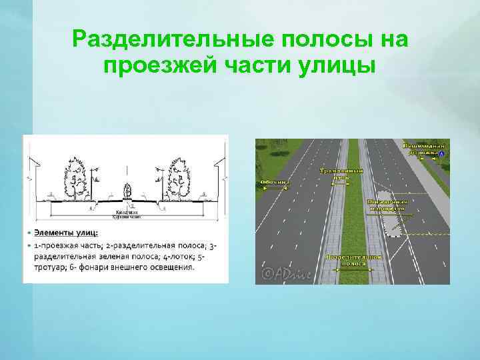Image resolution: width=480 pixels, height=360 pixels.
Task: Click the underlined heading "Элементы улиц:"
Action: click(x=67, y=233)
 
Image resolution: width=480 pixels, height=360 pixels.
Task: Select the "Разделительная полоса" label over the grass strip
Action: click(x=353, y=259)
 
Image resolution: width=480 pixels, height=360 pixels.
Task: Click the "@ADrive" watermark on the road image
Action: click(x=283, y=273)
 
